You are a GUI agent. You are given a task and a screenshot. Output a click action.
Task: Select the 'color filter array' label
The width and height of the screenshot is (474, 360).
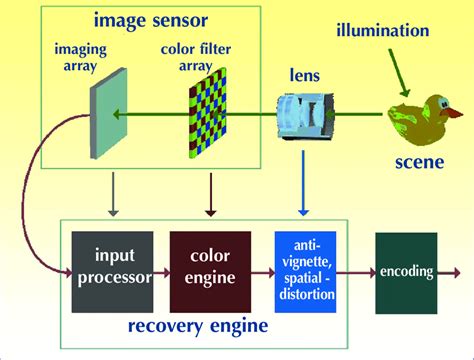click(x=189, y=59)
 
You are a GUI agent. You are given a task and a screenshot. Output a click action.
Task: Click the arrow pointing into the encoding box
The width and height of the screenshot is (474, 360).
click(x=354, y=270)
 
